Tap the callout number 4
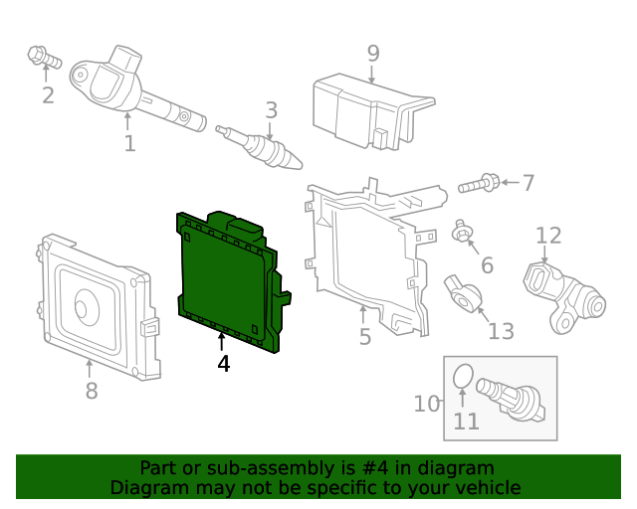click(x=223, y=365)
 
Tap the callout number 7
click(x=528, y=183)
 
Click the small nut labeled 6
click(x=462, y=235)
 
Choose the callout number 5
click(x=365, y=337)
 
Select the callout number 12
click(x=548, y=236)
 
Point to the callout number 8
click(x=92, y=391)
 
